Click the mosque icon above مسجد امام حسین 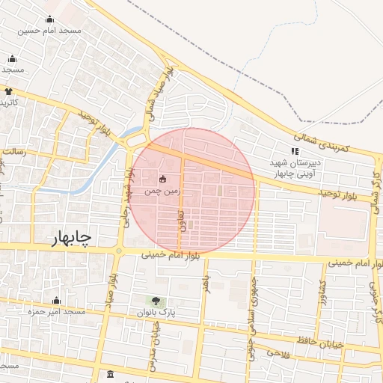pos(49,19)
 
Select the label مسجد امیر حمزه pos(57,310)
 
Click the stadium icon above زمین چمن pos(164,179)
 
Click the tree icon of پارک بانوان pos(156,300)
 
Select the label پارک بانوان pos(156,311)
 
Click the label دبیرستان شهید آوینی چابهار pos(296,168)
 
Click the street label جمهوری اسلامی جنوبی pos(252,313)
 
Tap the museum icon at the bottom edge pos(111,374)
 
